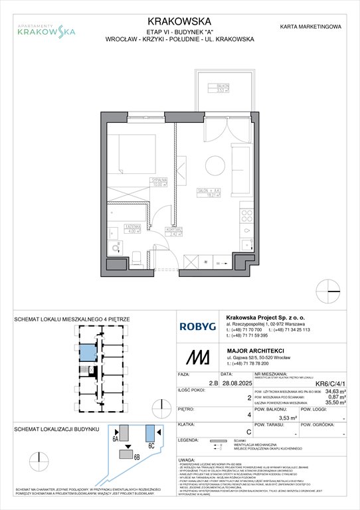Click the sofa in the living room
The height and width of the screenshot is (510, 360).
coord(238,163)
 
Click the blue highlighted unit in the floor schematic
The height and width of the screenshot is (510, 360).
coord(87,355)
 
